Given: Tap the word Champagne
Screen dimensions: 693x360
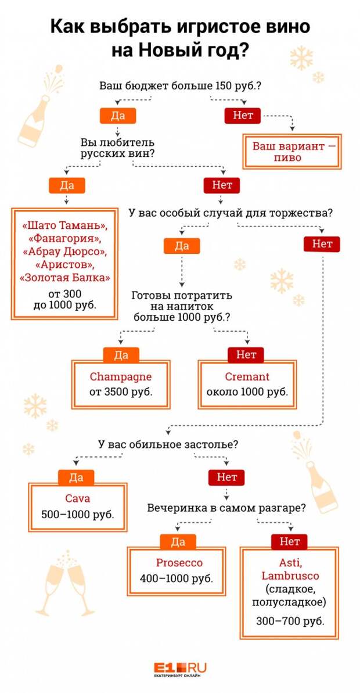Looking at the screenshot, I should click(120, 376).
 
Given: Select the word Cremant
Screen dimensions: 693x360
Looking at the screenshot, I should click(247, 376).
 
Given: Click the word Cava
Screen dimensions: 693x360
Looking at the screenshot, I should click(77, 498).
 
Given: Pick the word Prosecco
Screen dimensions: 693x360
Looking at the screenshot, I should click(179, 563).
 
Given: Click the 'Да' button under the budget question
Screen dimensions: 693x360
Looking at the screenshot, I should click(118, 116).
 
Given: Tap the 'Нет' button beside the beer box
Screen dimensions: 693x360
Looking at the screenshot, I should click(243, 116).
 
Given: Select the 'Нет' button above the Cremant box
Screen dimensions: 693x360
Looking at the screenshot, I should click(246, 355).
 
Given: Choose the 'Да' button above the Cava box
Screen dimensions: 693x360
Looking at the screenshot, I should click(76, 477).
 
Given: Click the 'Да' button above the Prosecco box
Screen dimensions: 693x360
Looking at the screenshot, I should click(178, 541).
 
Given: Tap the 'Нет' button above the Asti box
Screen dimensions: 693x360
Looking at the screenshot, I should click(289, 541).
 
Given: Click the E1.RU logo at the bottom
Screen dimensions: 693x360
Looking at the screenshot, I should click(180, 670).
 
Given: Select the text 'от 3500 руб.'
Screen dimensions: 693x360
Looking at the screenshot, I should click(121, 392).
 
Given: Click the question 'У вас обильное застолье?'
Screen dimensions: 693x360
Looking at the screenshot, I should click(168, 445).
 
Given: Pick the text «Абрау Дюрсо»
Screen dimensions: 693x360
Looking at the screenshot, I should click(65, 252).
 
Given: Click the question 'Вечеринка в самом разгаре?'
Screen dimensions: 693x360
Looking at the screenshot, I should click(226, 507).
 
